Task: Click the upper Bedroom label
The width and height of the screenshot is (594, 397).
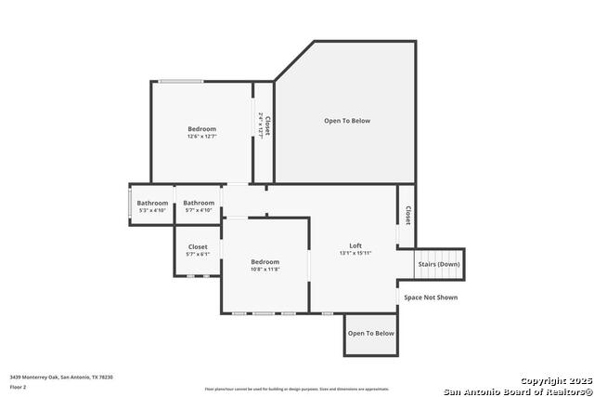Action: [x=201, y=129]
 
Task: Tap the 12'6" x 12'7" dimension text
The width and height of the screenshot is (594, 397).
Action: [x=201, y=137]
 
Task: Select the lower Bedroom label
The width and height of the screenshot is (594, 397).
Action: [x=265, y=262]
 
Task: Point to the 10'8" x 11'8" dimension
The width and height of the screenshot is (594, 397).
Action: [x=265, y=270]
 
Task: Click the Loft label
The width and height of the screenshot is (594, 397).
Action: [x=355, y=245]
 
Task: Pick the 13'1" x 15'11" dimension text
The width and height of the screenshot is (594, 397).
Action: [x=355, y=253]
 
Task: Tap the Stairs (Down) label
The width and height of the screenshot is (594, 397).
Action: [x=439, y=264]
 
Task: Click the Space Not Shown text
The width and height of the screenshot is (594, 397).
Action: [x=431, y=298]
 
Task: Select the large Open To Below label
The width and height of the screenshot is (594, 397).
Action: [x=347, y=121]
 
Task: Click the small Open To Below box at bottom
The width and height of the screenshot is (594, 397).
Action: [x=371, y=333]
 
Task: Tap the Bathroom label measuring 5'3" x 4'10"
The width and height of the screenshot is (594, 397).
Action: [x=152, y=203]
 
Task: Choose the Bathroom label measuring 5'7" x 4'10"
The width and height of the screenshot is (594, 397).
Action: [x=199, y=203]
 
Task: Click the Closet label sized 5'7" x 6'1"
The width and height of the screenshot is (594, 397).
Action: [x=198, y=246]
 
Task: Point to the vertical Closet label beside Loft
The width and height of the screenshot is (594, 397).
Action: [x=407, y=215]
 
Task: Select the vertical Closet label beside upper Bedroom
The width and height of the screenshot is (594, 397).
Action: [x=266, y=127]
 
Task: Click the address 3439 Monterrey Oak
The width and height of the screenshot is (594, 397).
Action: [x=61, y=377]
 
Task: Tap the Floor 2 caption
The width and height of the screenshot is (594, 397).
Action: [x=19, y=386]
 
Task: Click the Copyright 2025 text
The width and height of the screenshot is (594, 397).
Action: [x=555, y=381]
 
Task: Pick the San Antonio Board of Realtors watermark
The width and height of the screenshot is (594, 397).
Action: [x=517, y=390]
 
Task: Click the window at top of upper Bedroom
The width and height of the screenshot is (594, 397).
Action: [x=181, y=82]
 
